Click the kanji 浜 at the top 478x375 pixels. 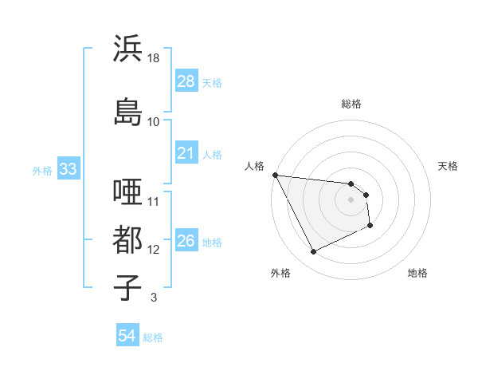[x=128, y=49]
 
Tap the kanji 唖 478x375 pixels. [x=128, y=193]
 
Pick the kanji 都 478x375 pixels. [x=128, y=240]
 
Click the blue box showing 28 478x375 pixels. [x=186, y=81]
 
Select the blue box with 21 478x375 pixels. [x=186, y=153]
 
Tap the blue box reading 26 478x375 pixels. [x=186, y=241]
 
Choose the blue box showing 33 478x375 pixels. [x=68, y=169]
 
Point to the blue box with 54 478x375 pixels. [x=127, y=336]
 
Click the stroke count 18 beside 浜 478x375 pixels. [x=153, y=59]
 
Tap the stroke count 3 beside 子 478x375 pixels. [x=153, y=298]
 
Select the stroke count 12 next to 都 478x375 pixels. [x=154, y=251]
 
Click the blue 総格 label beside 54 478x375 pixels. [x=153, y=337]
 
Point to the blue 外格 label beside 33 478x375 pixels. [x=41, y=170]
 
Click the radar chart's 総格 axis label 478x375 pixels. [x=351, y=104]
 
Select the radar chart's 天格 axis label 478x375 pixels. [x=449, y=166]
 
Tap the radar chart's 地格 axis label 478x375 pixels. [x=417, y=274]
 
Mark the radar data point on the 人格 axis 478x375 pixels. [x=275, y=175]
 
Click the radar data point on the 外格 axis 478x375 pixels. [x=313, y=252]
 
